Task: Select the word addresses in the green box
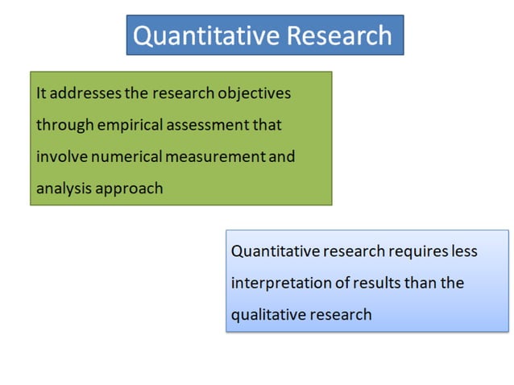coord(87,93)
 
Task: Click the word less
coord(464,251)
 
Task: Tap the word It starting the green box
coord(41,93)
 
